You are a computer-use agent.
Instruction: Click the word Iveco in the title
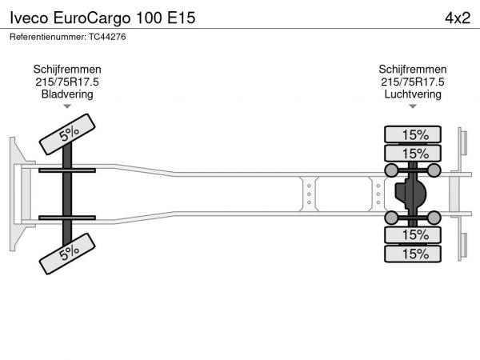tap(29, 18)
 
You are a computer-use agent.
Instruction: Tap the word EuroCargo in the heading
tap(92, 18)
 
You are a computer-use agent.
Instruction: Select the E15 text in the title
tap(182, 18)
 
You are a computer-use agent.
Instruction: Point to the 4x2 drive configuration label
tap(458, 18)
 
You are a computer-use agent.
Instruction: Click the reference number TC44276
tap(107, 37)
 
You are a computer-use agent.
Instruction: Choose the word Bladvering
tap(67, 94)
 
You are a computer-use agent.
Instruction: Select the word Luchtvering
tap(413, 94)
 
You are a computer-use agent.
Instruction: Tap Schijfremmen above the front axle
tap(67, 69)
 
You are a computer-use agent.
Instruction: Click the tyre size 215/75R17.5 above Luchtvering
tap(413, 82)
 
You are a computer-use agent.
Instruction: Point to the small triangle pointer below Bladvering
tap(67, 106)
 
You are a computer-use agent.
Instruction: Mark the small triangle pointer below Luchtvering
tap(413, 106)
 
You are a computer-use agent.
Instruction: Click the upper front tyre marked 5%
tap(67, 134)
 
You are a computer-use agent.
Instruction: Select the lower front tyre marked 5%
tap(67, 254)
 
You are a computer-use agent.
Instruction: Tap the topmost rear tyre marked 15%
tap(413, 134)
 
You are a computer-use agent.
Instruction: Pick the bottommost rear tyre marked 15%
tap(413, 254)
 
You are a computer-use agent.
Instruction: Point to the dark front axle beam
tap(67, 194)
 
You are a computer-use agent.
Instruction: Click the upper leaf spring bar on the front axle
tap(67, 170)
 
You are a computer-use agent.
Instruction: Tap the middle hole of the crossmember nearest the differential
tap(378, 194)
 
